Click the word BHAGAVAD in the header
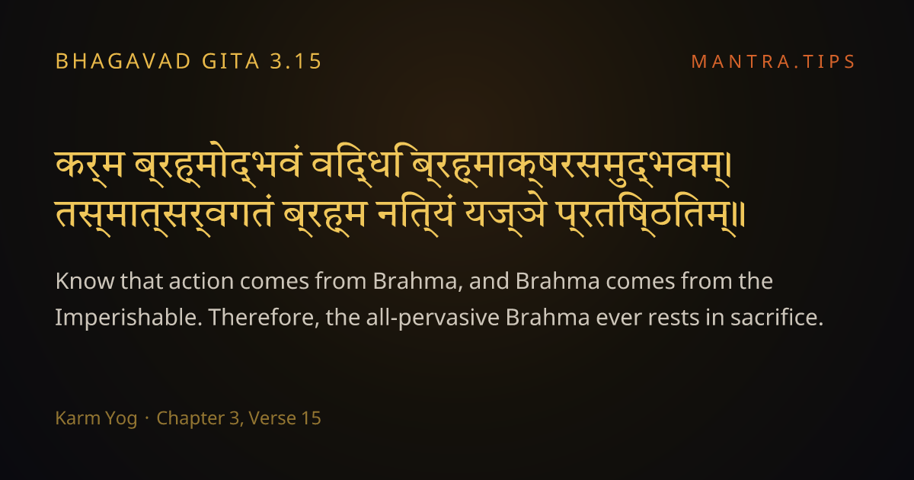[x=123, y=61]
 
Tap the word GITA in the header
[x=231, y=61]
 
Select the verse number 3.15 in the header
[x=296, y=61]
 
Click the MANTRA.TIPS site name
[x=773, y=62]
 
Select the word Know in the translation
[x=85, y=281]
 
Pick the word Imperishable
[x=129, y=318]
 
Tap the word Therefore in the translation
[x=264, y=318]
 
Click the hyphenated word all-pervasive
[x=433, y=318]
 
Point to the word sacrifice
[x=777, y=318]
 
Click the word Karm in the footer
[x=78, y=418]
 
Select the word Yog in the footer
[x=121, y=419]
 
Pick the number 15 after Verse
[x=311, y=418]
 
